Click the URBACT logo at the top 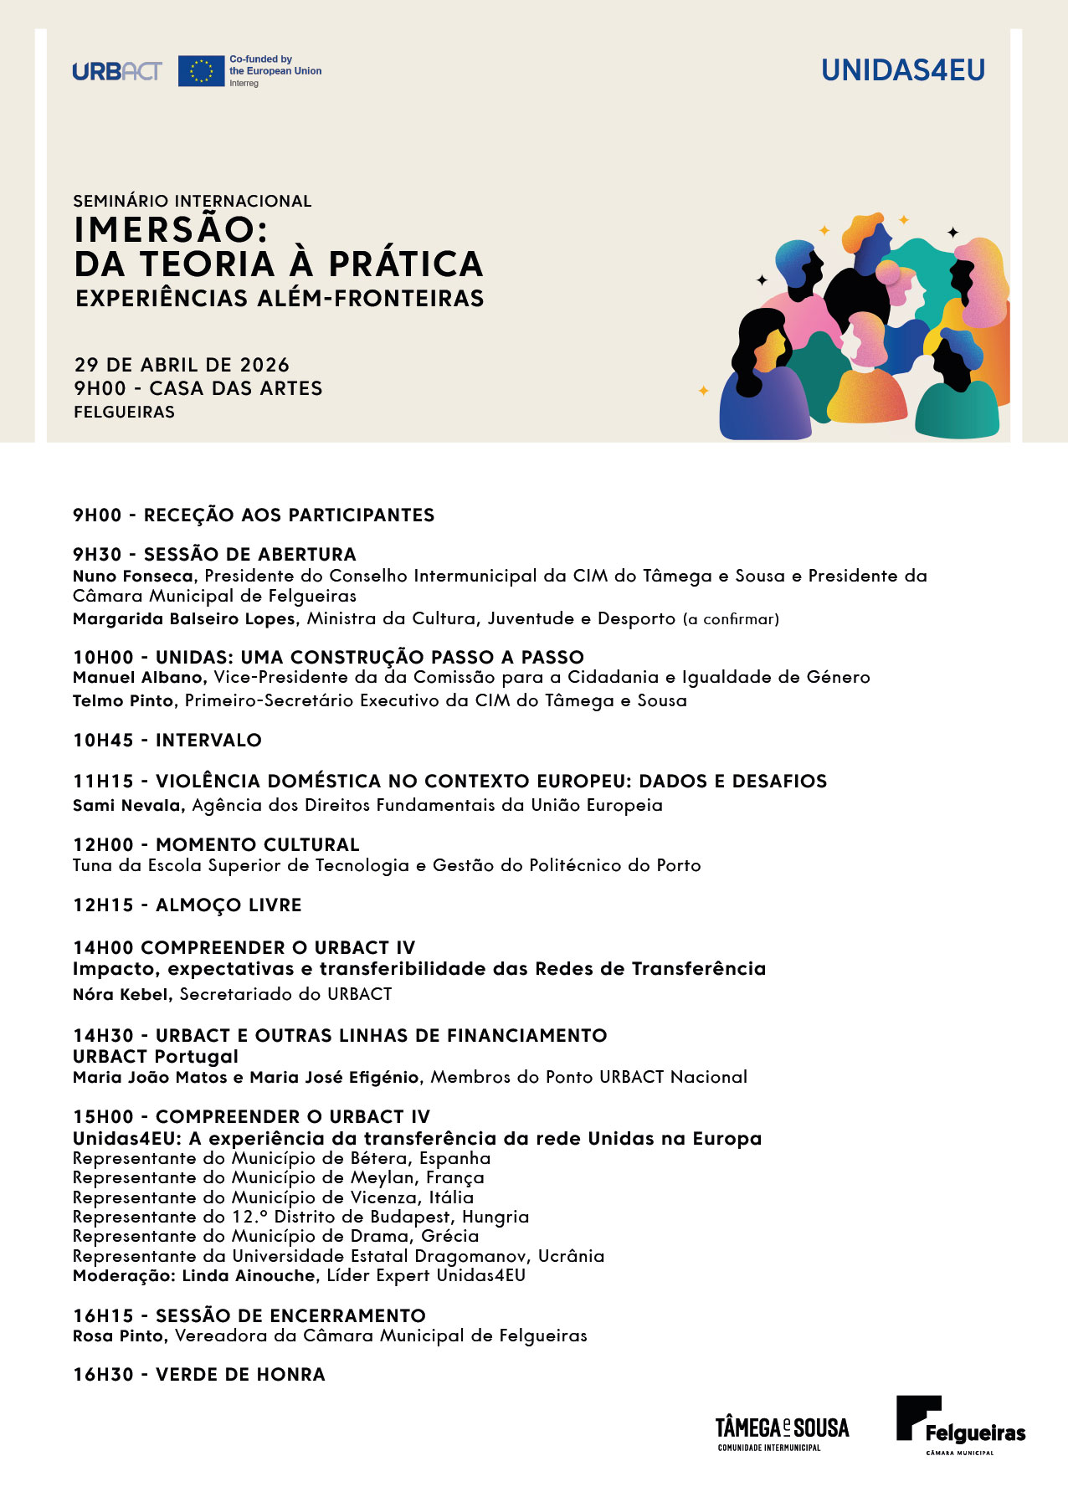pyautogui.click(x=116, y=71)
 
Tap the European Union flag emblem pyautogui.click(x=201, y=71)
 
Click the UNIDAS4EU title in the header pyautogui.click(x=903, y=70)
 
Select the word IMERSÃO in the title pyautogui.click(x=170, y=229)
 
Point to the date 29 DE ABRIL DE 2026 pyautogui.click(x=182, y=365)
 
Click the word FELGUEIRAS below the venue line pyautogui.click(x=125, y=412)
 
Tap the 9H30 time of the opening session pyautogui.click(x=97, y=554)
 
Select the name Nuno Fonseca pyautogui.click(x=133, y=576)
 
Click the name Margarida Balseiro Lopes pyautogui.click(x=184, y=618)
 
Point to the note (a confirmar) pyautogui.click(x=731, y=619)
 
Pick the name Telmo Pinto pyautogui.click(x=122, y=700)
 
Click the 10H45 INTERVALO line pyautogui.click(x=167, y=740)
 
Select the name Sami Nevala pyautogui.click(x=127, y=805)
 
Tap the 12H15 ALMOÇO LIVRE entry pyautogui.click(x=187, y=905)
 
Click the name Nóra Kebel pyautogui.click(x=122, y=994)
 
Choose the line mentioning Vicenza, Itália pyautogui.click(x=273, y=1197)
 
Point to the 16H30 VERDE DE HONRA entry pyautogui.click(x=198, y=1374)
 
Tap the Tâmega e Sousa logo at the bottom pyautogui.click(x=782, y=1433)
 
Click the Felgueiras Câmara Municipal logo pyautogui.click(x=960, y=1425)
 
